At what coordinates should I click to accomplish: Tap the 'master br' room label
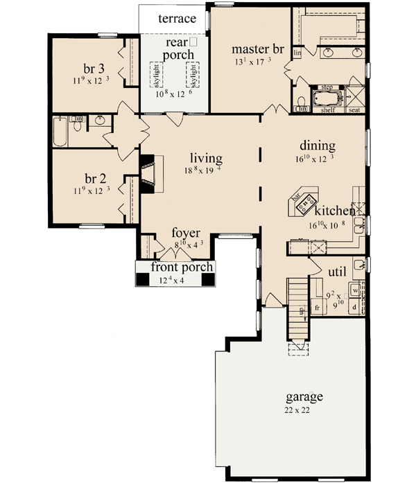point(258,49)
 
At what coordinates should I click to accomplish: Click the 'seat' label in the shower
point(354,109)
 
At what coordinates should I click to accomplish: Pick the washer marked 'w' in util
point(355,289)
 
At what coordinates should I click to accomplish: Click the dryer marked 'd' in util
point(355,306)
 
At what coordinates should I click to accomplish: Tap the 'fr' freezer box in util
point(318,306)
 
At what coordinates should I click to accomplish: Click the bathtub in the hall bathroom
point(60,132)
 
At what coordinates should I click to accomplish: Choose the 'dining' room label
point(318,146)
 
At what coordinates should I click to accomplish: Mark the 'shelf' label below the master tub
point(326,109)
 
